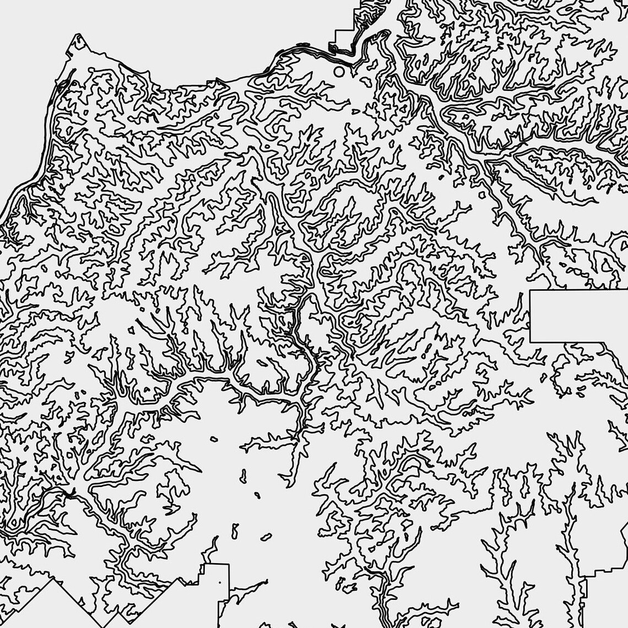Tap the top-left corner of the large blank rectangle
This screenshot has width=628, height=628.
(530, 290)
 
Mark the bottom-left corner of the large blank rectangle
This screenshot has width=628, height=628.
(530, 342)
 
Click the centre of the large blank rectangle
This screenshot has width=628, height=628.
(579, 316)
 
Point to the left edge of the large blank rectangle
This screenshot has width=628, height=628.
(530, 316)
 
